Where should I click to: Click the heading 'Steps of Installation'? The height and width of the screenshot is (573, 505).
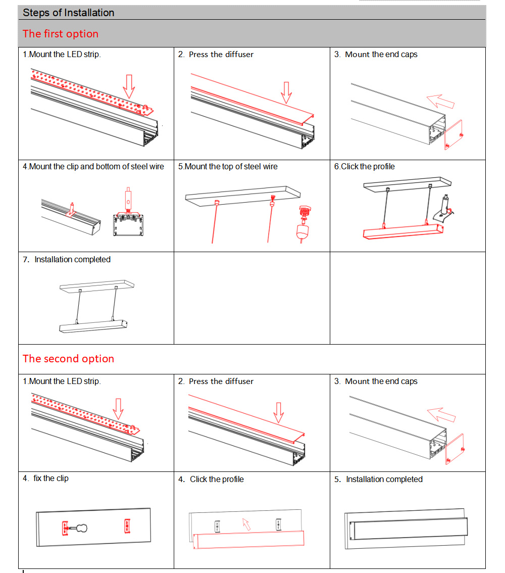(x=69, y=13)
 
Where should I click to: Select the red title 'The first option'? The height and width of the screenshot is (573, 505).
(x=61, y=34)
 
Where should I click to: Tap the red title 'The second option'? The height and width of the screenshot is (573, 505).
(x=68, y=359)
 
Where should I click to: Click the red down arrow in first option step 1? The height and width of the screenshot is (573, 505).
(x=129, y=86)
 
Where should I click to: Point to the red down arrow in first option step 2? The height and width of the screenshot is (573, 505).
(x=287, y=92)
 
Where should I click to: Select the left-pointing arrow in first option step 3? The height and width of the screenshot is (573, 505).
(x=440, y=101)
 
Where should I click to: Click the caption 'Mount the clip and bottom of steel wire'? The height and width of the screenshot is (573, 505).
(x=93, y=166)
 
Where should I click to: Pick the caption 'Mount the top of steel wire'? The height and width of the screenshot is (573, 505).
(x=228, y=166)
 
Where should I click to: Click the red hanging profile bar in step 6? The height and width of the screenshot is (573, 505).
(x=403, y=232)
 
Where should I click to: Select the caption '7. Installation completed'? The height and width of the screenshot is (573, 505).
(x=67, y=259)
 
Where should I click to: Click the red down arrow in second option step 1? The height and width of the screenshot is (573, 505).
(x=119, y=408)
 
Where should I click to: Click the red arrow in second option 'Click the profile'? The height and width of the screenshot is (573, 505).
(x=246, y=524)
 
